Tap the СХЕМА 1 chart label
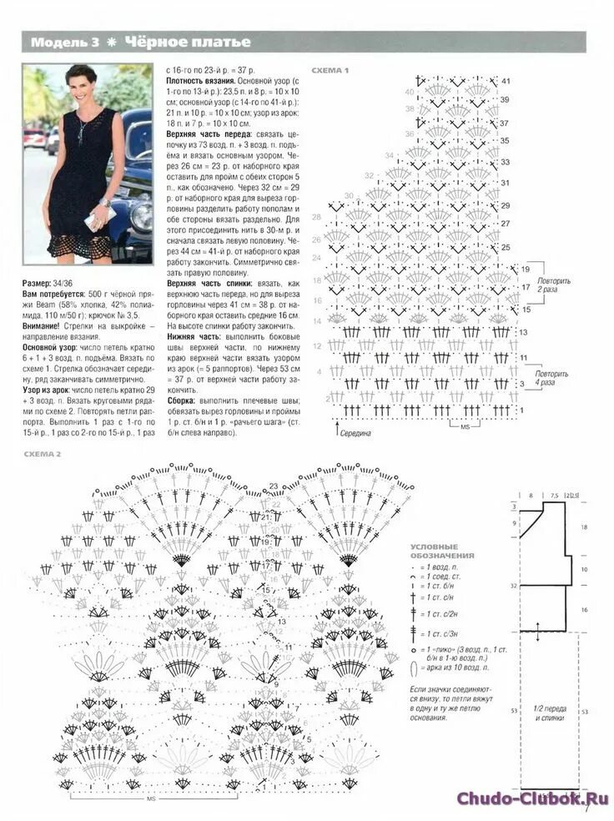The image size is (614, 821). tap(330, 70)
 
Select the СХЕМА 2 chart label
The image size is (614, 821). tap(43, 453)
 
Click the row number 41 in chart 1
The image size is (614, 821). tap(506, 81)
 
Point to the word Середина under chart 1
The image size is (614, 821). tap(355, 433)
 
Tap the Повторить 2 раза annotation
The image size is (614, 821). tap(554, 285)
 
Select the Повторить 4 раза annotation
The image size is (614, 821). tap(552, 377)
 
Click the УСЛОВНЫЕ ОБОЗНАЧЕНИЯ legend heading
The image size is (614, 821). tap(442, 551)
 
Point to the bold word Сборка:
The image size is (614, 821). tap(184, 400)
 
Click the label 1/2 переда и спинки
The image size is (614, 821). tap(550, 713)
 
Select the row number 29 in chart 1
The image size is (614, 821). tap(505, 204)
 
